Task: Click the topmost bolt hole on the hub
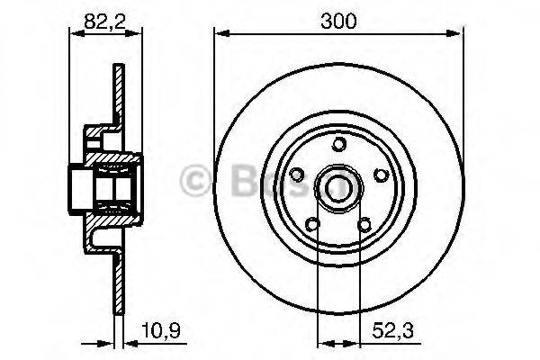tap(338, 144)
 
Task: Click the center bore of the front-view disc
tap(338, 187)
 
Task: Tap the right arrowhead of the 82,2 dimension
tap(139, 34)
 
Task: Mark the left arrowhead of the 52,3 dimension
tap(319, 341)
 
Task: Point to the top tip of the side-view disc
tap(117, 67)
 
